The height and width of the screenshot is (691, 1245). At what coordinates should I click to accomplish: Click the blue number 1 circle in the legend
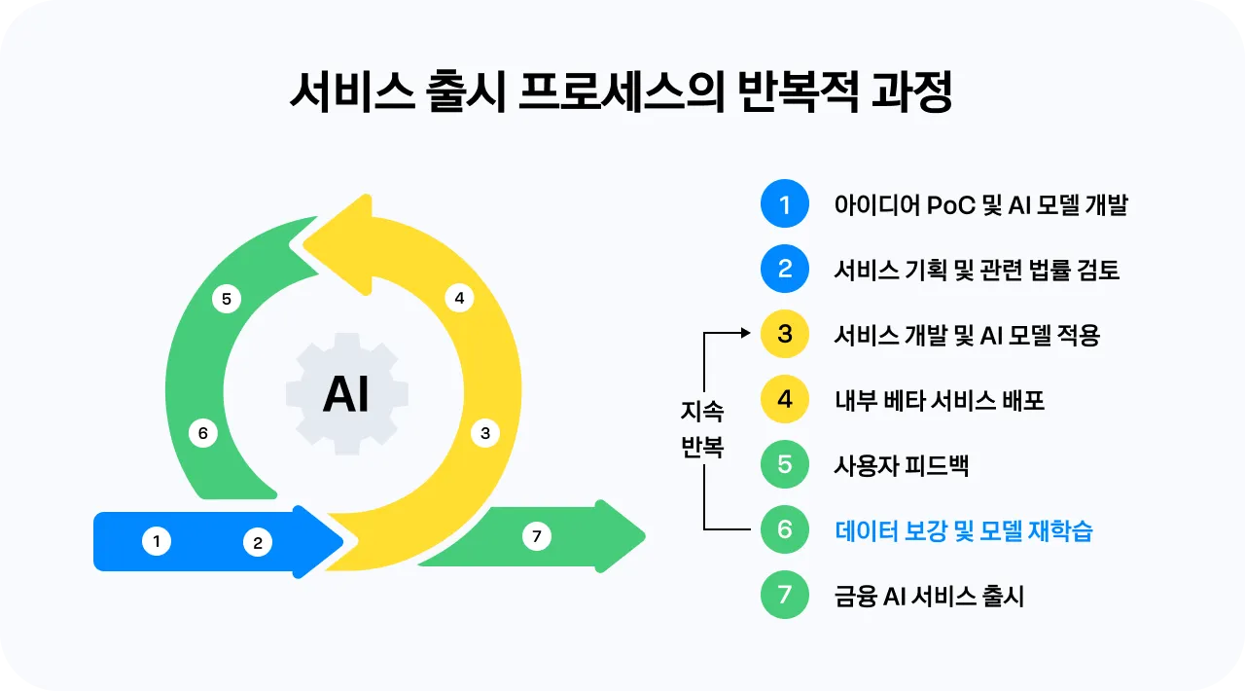point(784,203)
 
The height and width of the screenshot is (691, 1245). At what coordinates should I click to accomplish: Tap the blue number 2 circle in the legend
point(784,269)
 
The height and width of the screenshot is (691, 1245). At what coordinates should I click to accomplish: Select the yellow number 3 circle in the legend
point(784,334)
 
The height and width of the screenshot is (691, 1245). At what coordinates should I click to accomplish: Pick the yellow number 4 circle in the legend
point(784,399)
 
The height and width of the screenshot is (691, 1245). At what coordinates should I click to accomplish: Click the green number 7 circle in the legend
point(784,595)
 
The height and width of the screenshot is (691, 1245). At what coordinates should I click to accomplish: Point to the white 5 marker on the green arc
point(227,299)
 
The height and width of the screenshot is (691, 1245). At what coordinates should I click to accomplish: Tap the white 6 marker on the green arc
point(203,433)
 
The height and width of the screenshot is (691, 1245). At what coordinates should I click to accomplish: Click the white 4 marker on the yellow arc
point(459,298)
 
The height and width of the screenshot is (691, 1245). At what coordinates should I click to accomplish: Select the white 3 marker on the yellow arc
point(485,433)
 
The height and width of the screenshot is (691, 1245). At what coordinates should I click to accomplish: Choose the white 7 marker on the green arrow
point(536,536)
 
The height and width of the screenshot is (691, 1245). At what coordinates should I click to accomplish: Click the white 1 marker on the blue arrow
point(157,541)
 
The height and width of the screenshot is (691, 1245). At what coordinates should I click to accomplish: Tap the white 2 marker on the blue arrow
point(258,542)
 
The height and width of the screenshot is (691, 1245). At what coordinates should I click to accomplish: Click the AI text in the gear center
point(345,394)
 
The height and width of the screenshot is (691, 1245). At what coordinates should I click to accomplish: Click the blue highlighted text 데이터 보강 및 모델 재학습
point(964,530)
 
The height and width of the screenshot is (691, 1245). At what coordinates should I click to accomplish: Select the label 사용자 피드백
point(902,465)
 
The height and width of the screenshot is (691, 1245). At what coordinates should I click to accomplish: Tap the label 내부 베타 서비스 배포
point(940,400)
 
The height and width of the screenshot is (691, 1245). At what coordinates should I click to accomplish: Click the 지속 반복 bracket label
point(702,429)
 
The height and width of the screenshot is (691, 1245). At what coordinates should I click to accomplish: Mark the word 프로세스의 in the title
point(621,92)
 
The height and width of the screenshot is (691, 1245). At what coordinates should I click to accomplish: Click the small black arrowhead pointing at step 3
point(746,333)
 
